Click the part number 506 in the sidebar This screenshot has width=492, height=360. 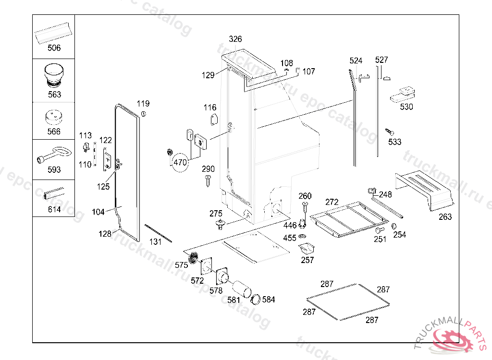click(x=54, y=48)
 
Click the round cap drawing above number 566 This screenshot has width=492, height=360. click(x=54, y=117)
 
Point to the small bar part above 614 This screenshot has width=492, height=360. click(x=53, y=193)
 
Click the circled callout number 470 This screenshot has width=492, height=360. click(x=180, y=163)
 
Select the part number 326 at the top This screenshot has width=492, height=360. click(x=235, y=39)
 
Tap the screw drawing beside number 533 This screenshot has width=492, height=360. click(x=389, y=131)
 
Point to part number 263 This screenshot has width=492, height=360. click(x=445, y=217)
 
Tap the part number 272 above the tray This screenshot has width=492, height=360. click(x=332, y=202)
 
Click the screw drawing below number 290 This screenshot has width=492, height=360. click(x=208, y=181)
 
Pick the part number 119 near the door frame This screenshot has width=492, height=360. click(x=143, y=104)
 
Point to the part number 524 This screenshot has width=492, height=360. click(x=356, y=60)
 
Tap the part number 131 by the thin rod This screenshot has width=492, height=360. click(x=155, y=242)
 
